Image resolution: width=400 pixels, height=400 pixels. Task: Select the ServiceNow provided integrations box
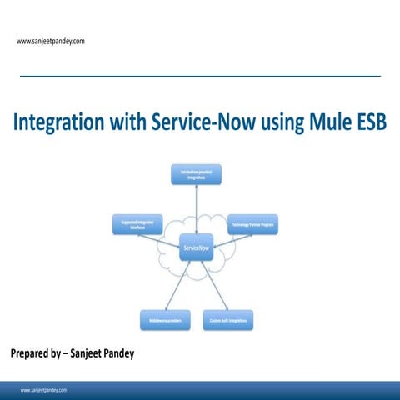196,173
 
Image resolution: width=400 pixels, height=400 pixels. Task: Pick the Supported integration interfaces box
137,224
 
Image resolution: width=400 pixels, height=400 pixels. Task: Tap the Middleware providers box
162,319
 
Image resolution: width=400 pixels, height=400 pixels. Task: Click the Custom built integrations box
227,319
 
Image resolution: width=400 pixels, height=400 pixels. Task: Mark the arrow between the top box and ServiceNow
197,211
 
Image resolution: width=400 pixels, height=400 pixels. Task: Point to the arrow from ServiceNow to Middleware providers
177,283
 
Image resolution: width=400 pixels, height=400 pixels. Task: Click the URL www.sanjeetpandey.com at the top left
51,40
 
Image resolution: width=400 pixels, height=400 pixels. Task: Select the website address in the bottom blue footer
43,389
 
